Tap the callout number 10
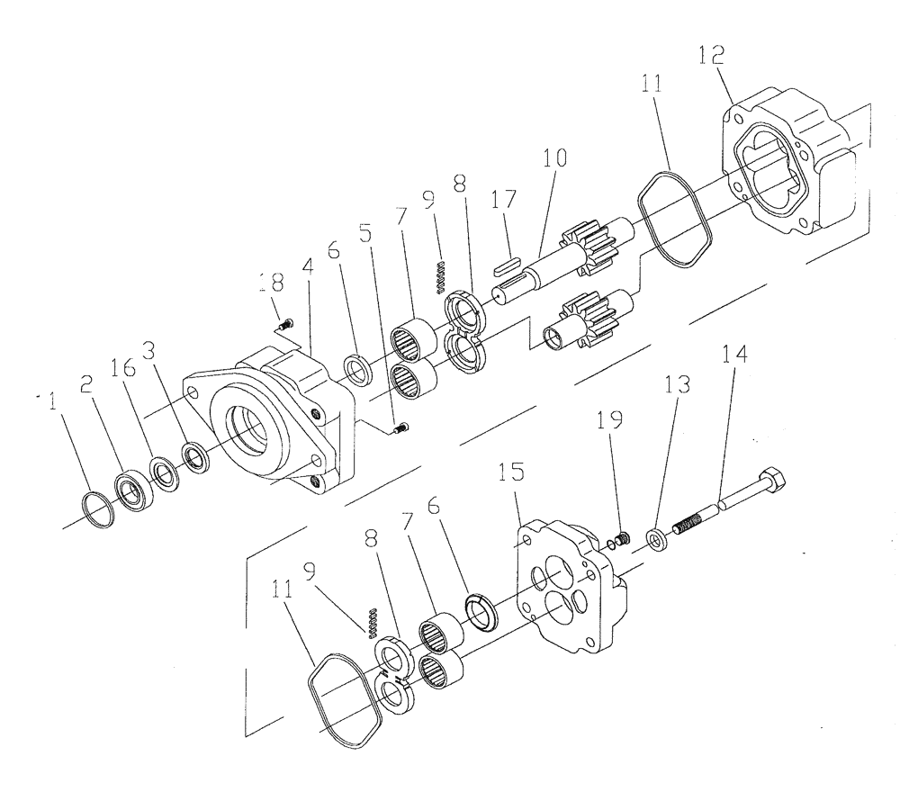pos(554,159)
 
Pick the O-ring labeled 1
pos(96,509)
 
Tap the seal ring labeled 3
pos(194,454)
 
